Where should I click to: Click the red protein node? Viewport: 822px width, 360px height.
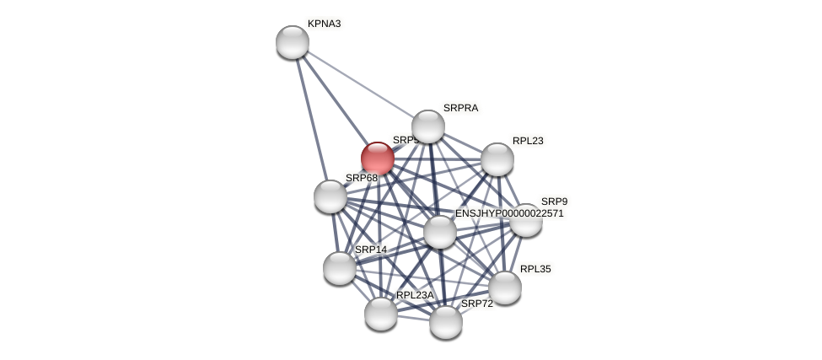click(x=377, y=159)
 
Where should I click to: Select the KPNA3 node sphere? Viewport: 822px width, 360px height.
click(x=293, y=42)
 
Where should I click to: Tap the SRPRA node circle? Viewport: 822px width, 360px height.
click(x=428, y=126)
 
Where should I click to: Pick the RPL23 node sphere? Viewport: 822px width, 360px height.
click(x=497, y=159)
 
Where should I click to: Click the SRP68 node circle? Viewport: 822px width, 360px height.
click(x=330, y=196)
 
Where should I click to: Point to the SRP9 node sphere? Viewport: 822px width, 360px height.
click(x=526, y=221)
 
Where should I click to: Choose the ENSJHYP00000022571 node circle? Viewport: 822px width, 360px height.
click(x=439, y=232)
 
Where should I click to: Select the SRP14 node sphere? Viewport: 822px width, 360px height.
click(x=340, y=268)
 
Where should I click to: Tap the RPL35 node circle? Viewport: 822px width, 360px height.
click(x=505, y=287)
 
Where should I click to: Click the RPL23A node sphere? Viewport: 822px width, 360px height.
click(x=381, y=314)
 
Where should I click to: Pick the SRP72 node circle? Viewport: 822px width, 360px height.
click(x=446, y=322)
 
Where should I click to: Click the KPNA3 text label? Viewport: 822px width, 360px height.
click(x=324, y=24)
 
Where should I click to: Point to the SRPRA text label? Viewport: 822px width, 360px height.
click(x=460, y=108)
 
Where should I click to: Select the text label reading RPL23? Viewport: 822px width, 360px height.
click(x=528, y=141)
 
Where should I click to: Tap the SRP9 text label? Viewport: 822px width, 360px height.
click(x=554, y=201)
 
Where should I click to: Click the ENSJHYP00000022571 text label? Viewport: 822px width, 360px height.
click(x=509, y=213)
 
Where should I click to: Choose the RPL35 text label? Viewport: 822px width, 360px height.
click(x=535, y=269)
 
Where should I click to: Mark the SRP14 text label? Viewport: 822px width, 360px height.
click(x=371, y=250)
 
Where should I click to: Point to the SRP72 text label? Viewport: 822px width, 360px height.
click(x=476, y=304)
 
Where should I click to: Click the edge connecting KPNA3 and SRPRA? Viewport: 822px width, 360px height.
click(x=361, y=84)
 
